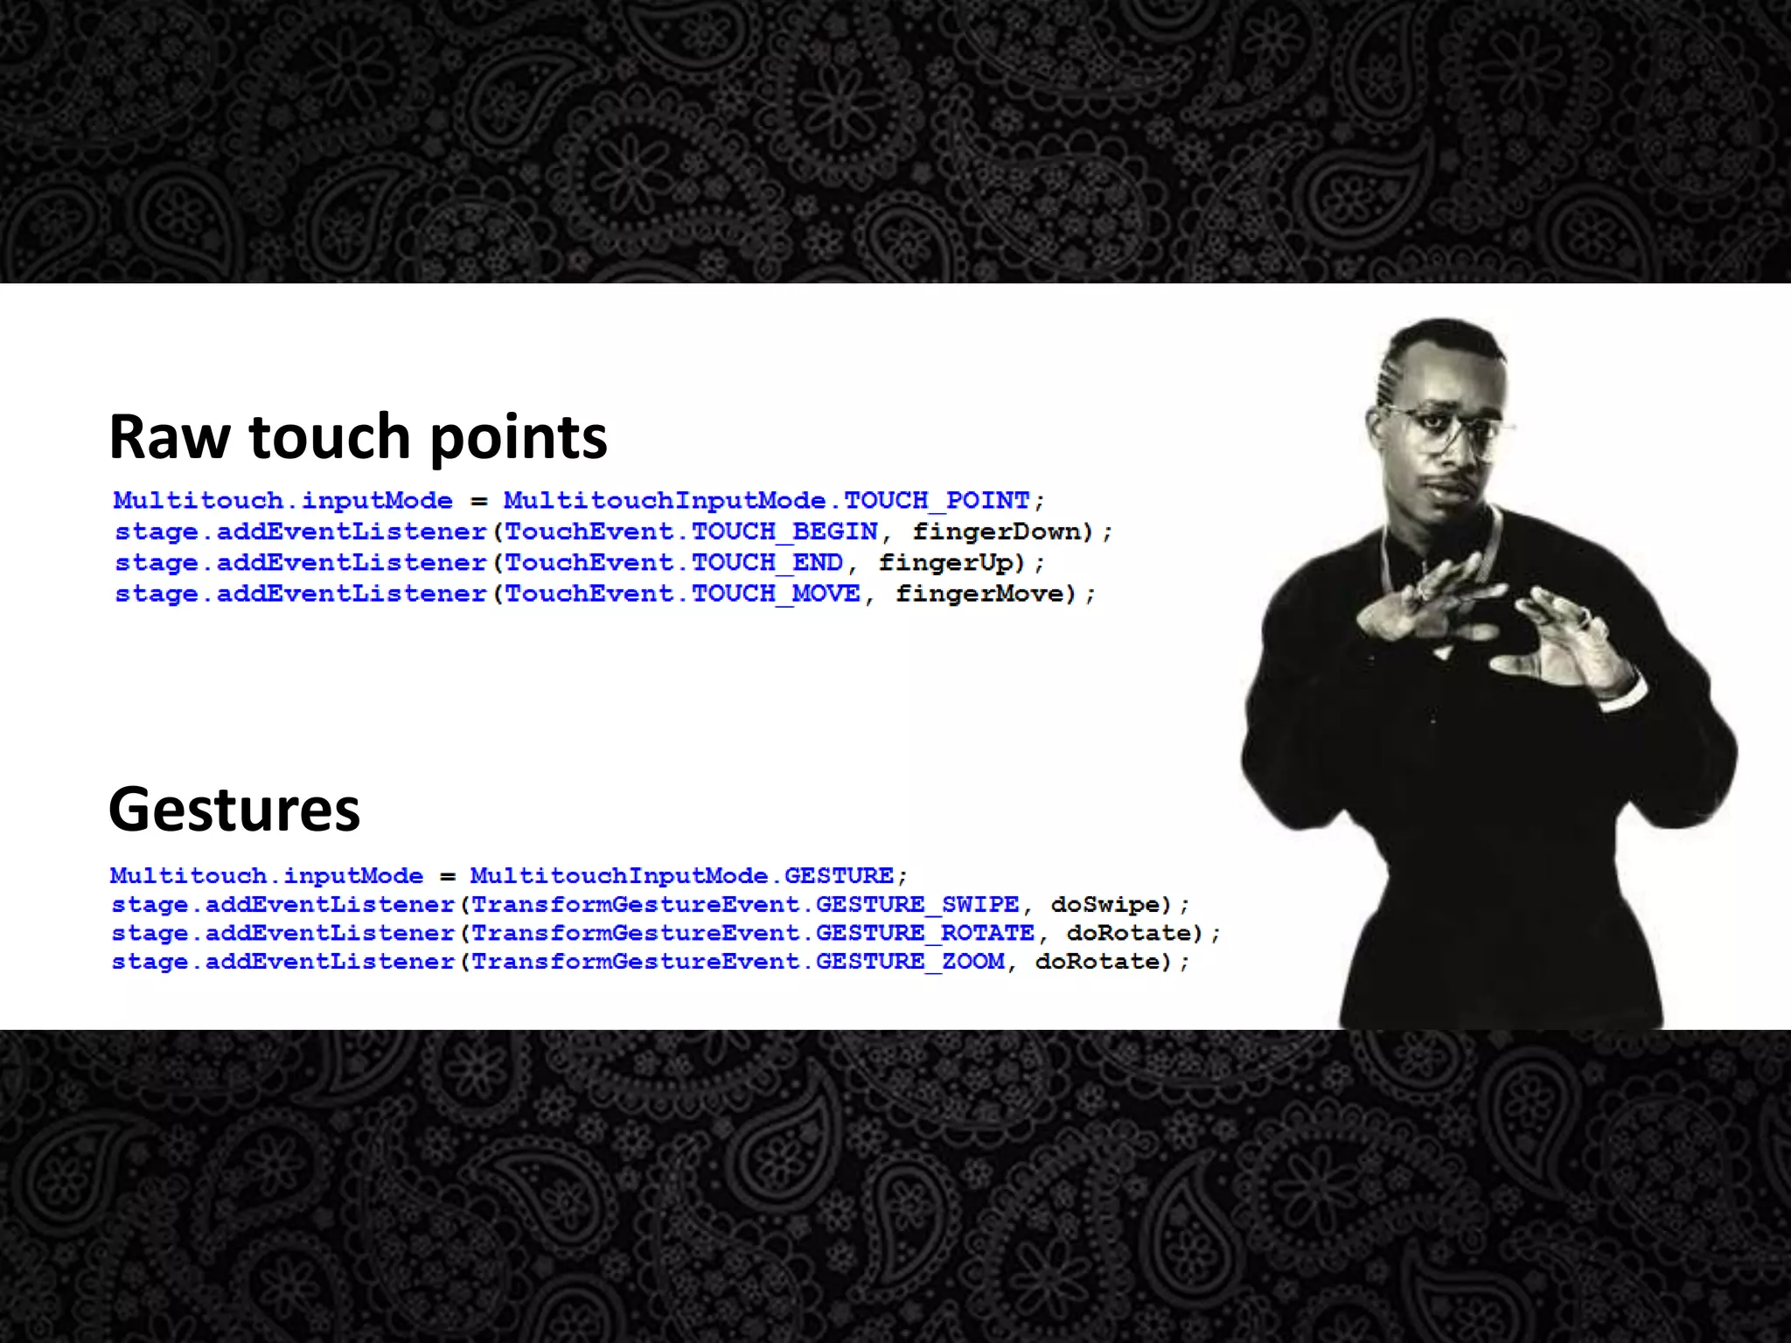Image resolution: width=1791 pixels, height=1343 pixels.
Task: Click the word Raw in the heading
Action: [x=170, y=436]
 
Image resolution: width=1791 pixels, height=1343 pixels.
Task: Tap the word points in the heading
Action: [x=518, y=438]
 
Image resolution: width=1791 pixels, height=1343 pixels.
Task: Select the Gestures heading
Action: [x=233, y=809]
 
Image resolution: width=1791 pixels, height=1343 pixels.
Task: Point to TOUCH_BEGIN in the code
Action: [x=784, y=532]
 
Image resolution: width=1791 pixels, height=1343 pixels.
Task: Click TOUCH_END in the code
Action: [x=767, y=563]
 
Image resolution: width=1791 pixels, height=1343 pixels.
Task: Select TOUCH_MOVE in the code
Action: [x=776, y=595]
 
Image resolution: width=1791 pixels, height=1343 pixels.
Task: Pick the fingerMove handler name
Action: [x=979, y=595]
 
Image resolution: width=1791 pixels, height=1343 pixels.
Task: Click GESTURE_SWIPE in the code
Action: [x=917, y=905]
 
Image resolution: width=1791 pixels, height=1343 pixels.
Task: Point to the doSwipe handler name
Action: [x=1105, y=905]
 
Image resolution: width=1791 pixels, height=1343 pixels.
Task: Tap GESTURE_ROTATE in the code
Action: [x=924, y=934]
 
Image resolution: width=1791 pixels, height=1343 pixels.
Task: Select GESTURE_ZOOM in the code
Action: [x=910, y=963]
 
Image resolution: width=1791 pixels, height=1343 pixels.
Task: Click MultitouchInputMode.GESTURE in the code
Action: [x=681, y=876]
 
